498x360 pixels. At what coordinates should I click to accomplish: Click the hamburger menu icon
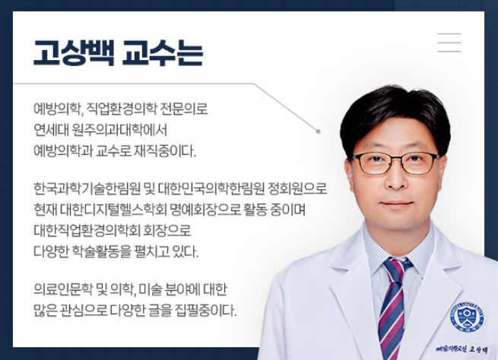pyautogui.click(x=449, y=43)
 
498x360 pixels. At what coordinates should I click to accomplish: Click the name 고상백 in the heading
pyautogui.click(x=74, y=53)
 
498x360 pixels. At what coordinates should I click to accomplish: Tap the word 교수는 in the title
pyautogui.click(x=162, y=53)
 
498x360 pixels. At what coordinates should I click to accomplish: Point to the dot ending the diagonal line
pyautogui.click(x=319, y=131)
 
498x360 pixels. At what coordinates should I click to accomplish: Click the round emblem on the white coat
pyautogui.click(x=467, y=317)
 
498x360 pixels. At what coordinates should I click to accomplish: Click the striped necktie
pyautogui.click(x=393, y=307)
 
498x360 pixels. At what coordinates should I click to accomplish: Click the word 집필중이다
pyautogui.click(x=205, y=310)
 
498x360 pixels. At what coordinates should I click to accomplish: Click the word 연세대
pyautogui.click(x=51, y=130)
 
